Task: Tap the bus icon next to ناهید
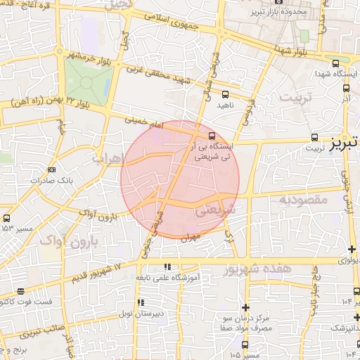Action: [225, 94]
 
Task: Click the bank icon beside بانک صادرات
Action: [51, 169]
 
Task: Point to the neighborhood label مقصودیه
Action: [304, 200]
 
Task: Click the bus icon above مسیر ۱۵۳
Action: [7, 218]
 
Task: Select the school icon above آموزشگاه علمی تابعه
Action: [167, 266]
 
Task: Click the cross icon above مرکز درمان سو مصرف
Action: [245, 307]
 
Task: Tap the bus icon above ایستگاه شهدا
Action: [335, 63]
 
